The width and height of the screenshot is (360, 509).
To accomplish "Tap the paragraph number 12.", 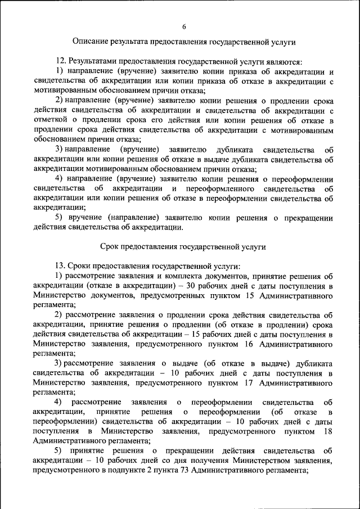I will click(60, 61).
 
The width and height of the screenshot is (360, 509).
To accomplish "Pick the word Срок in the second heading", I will click(110, 246).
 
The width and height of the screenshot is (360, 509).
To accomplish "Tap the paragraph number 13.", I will click(60, 266).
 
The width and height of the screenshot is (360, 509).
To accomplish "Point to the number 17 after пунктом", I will click(250, 382).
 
